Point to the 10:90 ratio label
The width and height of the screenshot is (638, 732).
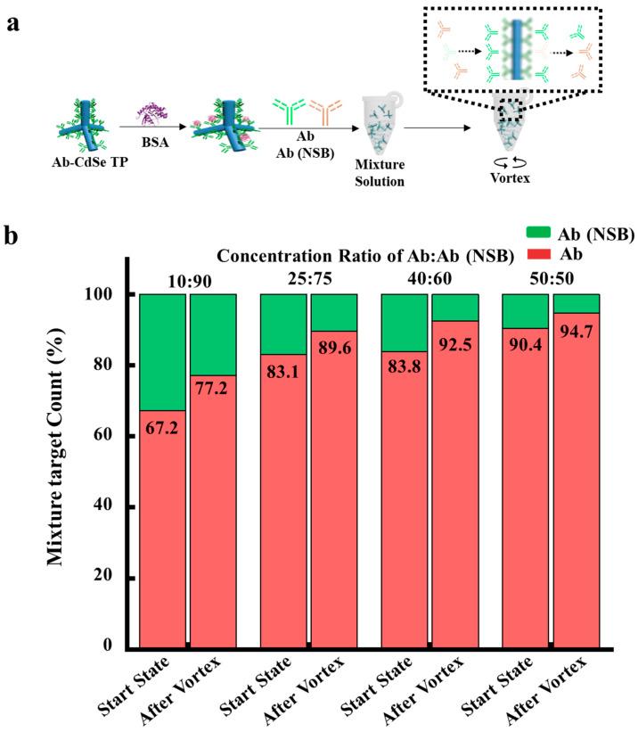pos(188,282)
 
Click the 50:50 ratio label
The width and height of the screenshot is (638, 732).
pos(551,282)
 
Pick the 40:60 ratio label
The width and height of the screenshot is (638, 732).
pos(429,282)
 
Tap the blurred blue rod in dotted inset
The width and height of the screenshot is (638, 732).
pos(519,54)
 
